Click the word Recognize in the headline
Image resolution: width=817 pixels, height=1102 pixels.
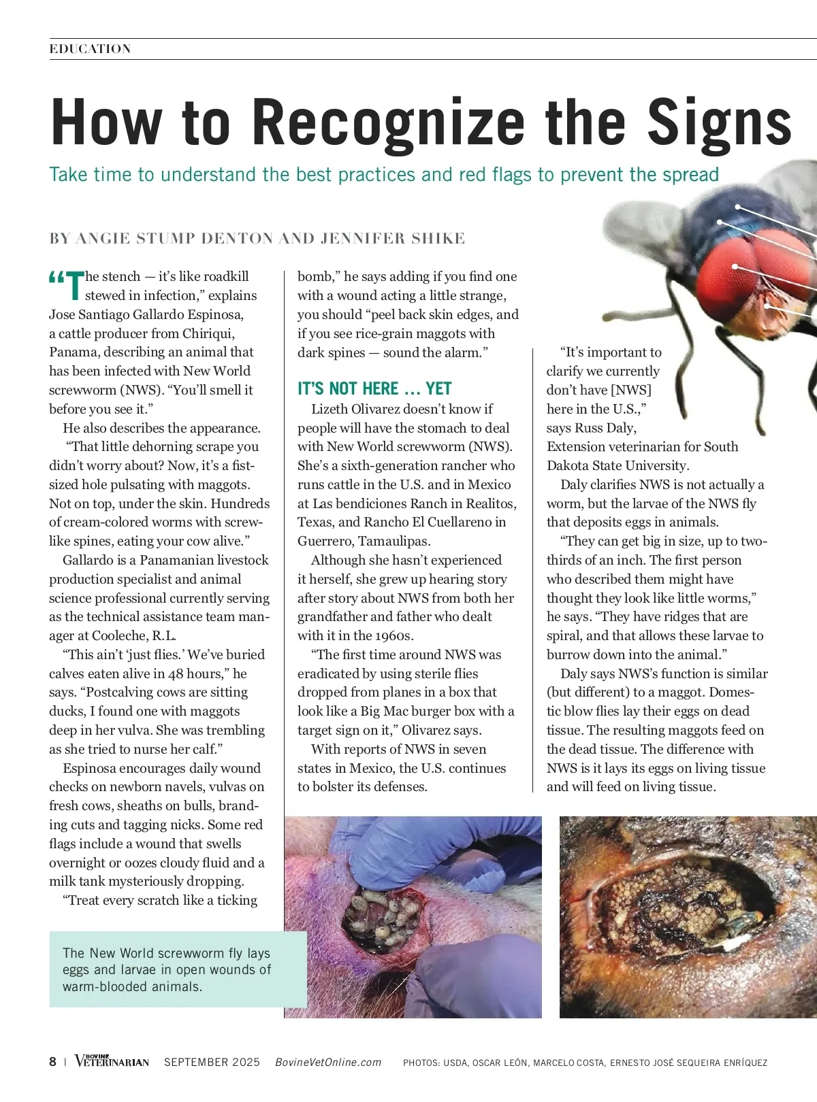(388, 122)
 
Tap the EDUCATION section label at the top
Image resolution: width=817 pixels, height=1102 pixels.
(90, 49)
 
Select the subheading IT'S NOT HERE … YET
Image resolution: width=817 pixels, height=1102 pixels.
(374, 388)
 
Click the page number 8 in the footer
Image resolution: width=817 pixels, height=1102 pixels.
(53, 1062)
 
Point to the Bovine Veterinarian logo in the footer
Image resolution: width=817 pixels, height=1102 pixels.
(112, 1061)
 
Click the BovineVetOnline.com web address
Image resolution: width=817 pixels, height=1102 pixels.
(328, 1063)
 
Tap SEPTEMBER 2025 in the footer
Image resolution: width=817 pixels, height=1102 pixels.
(212, 1063)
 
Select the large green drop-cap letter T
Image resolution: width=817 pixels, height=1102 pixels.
(74, 286)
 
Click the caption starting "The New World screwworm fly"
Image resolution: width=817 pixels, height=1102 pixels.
(167, 969)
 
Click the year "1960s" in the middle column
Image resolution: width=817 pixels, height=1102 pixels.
(394, 636)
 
